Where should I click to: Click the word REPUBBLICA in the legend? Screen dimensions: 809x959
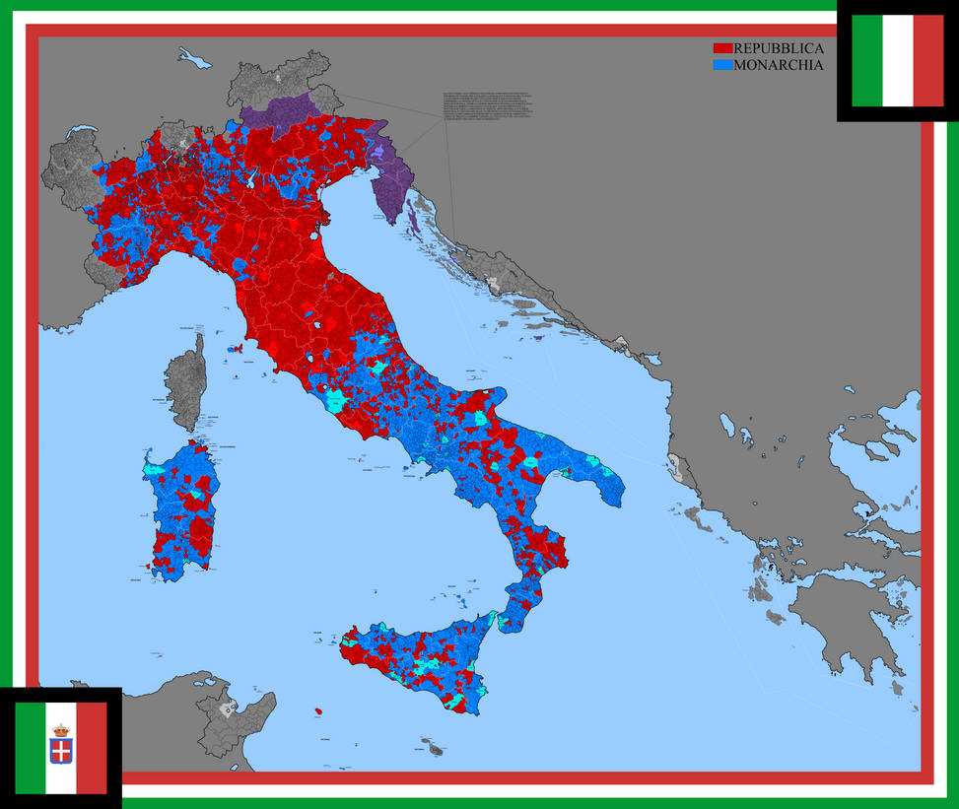(778, 48)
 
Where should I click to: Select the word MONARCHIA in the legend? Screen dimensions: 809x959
(778, 65)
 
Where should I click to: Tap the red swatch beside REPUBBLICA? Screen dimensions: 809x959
(722, 48)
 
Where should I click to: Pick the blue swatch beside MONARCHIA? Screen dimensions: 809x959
(722, 65)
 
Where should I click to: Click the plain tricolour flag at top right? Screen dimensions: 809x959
(897, 60)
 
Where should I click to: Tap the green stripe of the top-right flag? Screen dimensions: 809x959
(866, 60)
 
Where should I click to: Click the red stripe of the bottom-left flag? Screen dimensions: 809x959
(91, 748)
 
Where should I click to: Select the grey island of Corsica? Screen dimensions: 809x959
(186, 384)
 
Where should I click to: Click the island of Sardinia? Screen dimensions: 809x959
(183, 512)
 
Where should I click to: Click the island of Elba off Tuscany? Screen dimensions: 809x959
(235, 349)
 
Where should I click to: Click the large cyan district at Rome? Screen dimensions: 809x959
(336, 401)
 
